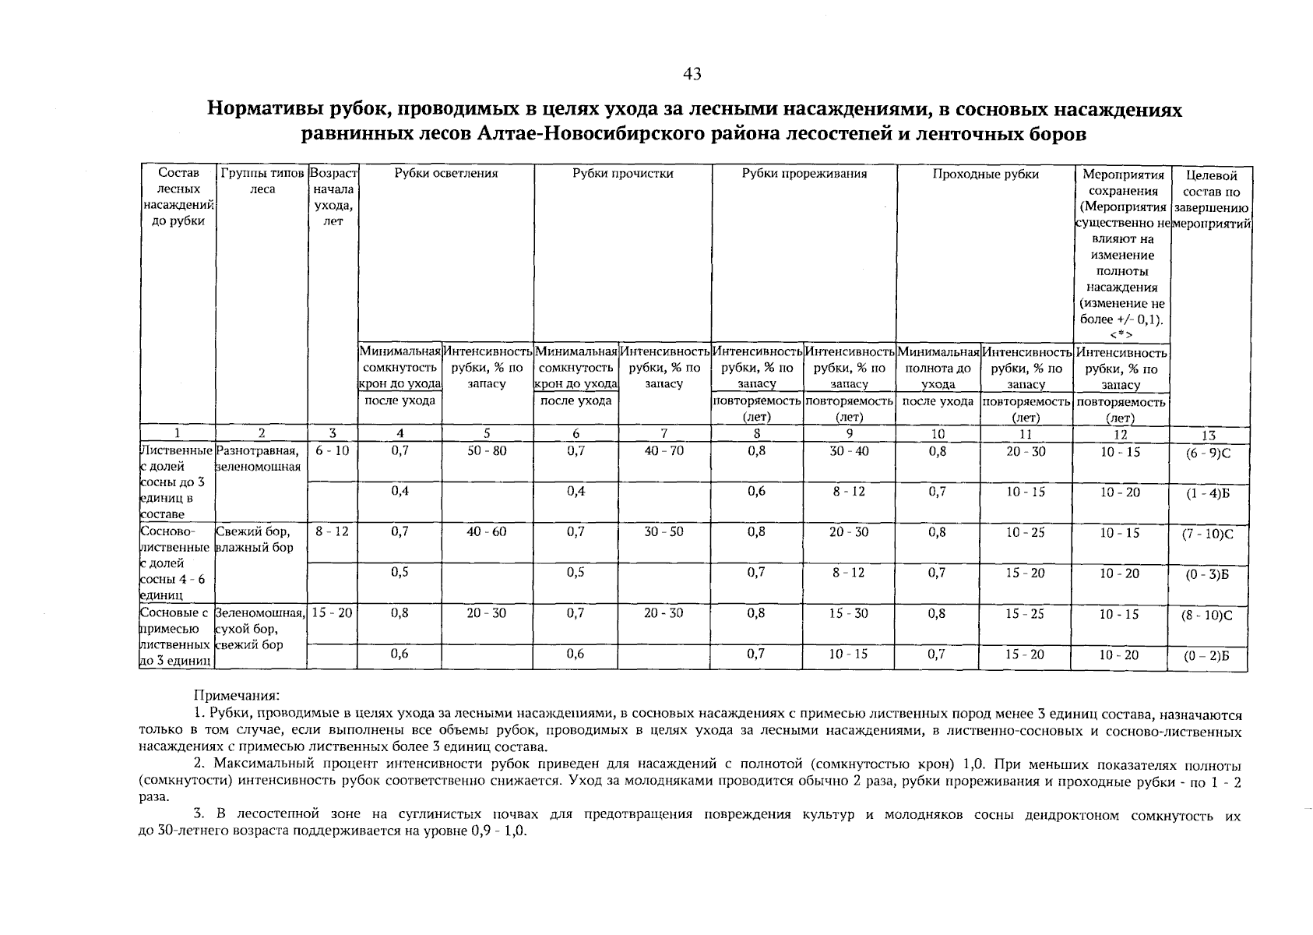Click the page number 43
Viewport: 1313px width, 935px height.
(692, 74)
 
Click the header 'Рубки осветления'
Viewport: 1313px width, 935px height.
(445, 174)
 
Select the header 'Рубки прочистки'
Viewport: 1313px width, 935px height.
(622, 174)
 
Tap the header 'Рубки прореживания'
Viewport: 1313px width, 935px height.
(804, 174)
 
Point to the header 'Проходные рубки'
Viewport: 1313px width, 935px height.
(986, 174)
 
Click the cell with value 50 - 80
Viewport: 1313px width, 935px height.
(487, 451)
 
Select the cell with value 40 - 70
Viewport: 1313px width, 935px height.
(664, 451)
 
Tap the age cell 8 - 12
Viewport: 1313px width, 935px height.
(333, 532)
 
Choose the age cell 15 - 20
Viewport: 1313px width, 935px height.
(333, 613)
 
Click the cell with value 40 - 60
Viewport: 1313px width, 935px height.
(487, 532)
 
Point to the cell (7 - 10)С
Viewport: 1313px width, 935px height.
(1209, 535)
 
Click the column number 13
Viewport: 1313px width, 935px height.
(1209, 436)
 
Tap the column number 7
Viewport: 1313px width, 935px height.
(664, 434)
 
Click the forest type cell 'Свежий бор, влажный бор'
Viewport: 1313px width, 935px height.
(255, 540)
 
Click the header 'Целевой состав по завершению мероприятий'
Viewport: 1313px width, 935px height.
(1210, 199)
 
